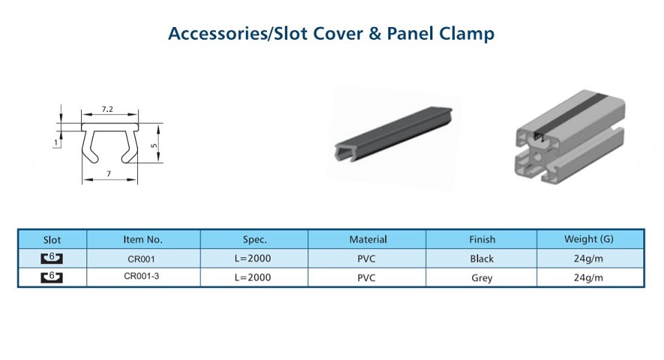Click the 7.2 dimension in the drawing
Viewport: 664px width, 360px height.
[x=107, y=109]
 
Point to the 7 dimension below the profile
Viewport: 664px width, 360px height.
[x=109, y=174]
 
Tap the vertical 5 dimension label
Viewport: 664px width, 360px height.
[x=154, y=145]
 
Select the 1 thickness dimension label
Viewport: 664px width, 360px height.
[x=56, y=143]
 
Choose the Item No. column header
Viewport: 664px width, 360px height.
[x=142, y=239]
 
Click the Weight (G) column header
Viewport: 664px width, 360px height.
[x=588, y=239]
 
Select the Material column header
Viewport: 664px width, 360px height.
[x=368, y=239]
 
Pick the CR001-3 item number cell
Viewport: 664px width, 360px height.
[x=142, y=276]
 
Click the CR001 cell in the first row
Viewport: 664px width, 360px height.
[x=142, y=259]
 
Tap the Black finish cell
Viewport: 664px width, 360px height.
[x=482, y=259]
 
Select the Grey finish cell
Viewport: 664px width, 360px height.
[x=482, y=278]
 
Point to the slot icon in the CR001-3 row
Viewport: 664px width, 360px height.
[x=52, y=277]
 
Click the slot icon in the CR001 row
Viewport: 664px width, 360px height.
[x=52, y=258]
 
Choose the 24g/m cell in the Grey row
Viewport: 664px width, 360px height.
[x=588, y=277]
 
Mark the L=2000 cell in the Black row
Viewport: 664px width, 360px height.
[x=253, y=258]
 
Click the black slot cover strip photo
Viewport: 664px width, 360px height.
[x=393, y=133]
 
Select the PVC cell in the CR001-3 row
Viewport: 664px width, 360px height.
[x=366, y=277]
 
